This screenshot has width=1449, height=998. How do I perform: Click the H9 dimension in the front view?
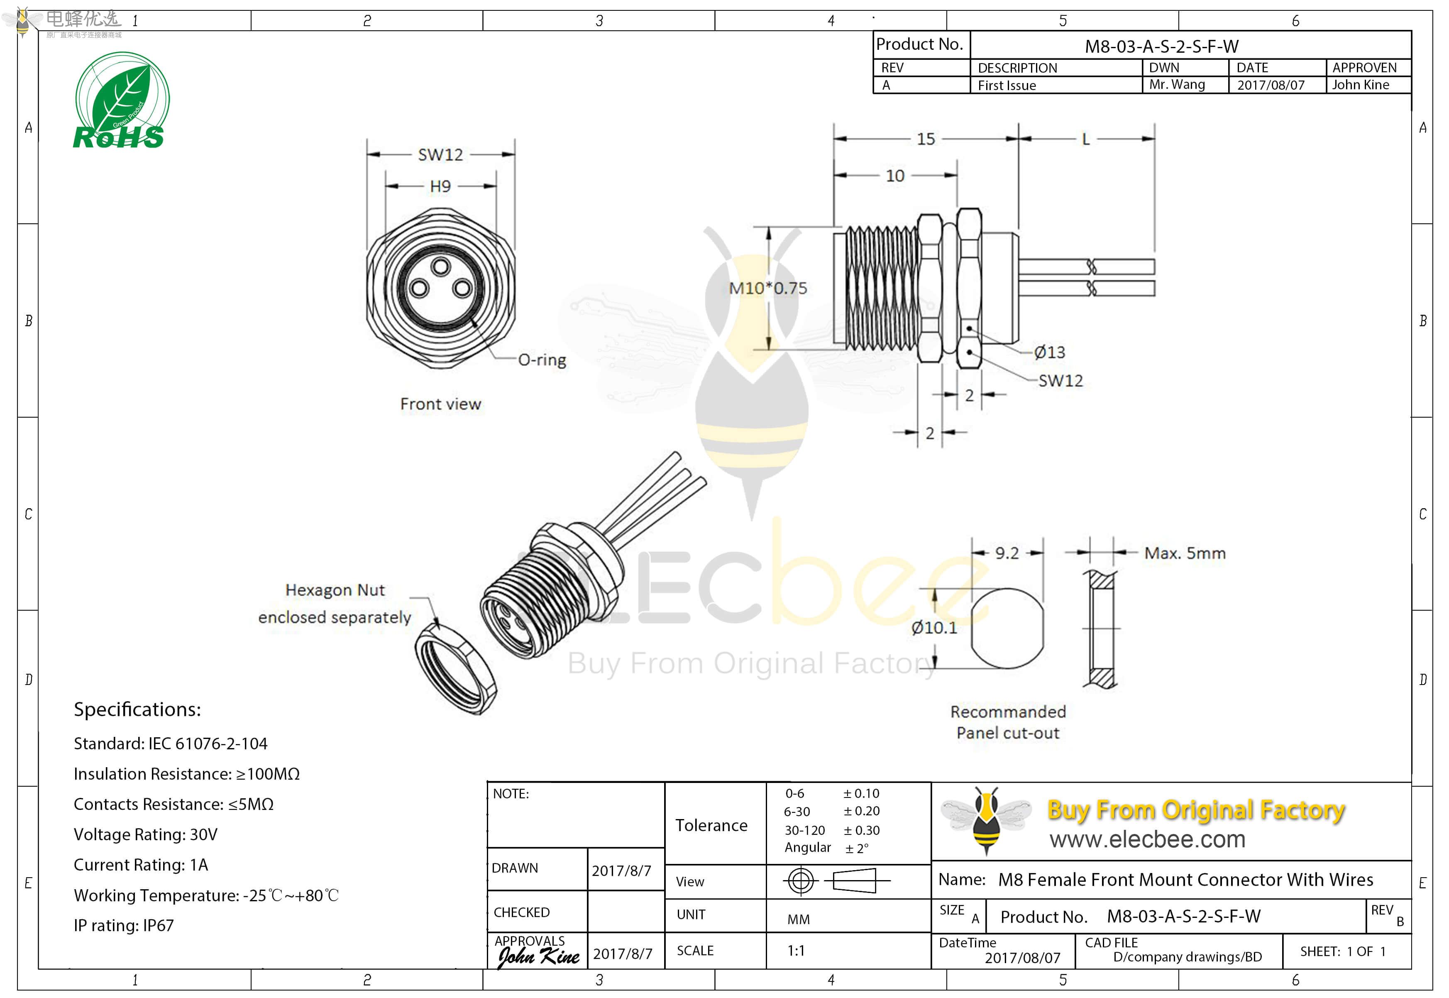click(440, 186)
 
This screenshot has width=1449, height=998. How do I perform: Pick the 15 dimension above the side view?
click(925, 139)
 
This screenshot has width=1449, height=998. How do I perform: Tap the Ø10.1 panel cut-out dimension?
click(934, 628)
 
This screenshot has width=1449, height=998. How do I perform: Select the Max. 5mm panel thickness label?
click(1185, 553)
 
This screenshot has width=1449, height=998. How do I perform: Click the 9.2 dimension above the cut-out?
click(1007, 553)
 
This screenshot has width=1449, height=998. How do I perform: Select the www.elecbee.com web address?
click(1147, 839)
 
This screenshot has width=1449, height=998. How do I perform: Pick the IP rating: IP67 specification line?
click(124, 925)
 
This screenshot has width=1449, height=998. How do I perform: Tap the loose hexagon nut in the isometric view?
click(456, 668)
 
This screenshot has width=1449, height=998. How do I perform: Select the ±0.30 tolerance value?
click(861, 830)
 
